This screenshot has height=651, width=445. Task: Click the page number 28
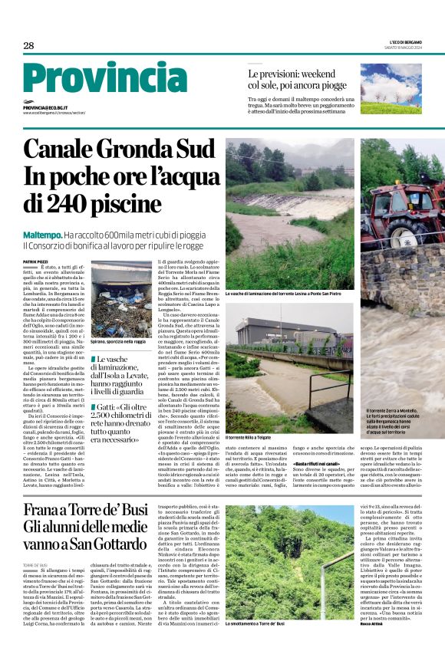coord(28,45)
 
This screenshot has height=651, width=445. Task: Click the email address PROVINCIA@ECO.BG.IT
coord(45,108)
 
